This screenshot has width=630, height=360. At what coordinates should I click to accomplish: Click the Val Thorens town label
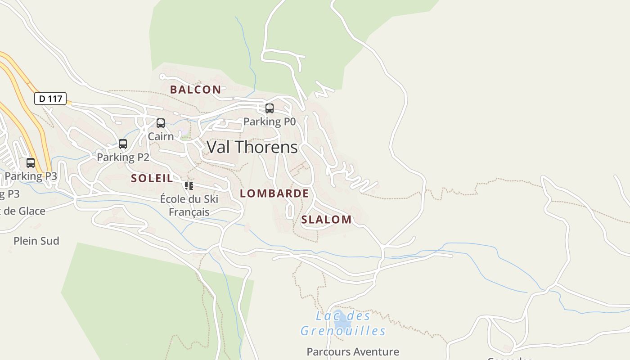pyautogui.click(x=252, y=147)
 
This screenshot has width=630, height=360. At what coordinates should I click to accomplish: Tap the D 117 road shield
pyautogui.click(x=50, y=98)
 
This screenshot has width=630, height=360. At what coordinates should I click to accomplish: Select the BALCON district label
pyautogui.click(x=195, y=90)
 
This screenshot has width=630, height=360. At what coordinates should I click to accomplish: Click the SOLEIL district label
pyautogui.click(x=152, y=178)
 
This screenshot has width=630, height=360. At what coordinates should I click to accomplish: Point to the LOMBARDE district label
pyautogui.click(x=274, y=193)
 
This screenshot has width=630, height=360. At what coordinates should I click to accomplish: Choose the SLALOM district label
pyautogui.click(x=326, y=220)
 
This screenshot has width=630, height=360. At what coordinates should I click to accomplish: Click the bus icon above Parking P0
pyautogui.click(x=269, y=108)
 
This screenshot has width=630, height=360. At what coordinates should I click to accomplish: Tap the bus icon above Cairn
pyautogui.click(x=161, y=123)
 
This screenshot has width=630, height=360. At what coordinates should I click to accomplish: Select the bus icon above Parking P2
pyautogui.click(x=123, y=144)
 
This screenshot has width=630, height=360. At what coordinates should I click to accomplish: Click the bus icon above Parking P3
pyautogui.click(x=31, y=163)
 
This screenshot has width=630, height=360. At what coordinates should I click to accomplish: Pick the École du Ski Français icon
pyautogui.click(x=189, y=185)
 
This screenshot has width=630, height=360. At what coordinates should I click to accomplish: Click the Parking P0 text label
pyautogui.click(x=269, y=121)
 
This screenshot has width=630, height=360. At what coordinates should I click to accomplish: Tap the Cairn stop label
pyautogui.click(x=161, y=136)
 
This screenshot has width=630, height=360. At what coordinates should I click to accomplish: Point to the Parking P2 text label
pyautogui.click(x=123, y=157)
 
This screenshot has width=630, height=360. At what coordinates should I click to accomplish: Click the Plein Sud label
pyautogui.click(x=36, y=241)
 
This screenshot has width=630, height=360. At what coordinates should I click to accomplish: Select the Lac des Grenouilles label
pyautogui.click(x=343, y=324)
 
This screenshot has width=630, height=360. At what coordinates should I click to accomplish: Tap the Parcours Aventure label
pyautogui.click(x=353, y=351)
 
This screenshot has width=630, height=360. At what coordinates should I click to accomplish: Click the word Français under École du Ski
pyautogui.click(x=189, y=212)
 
